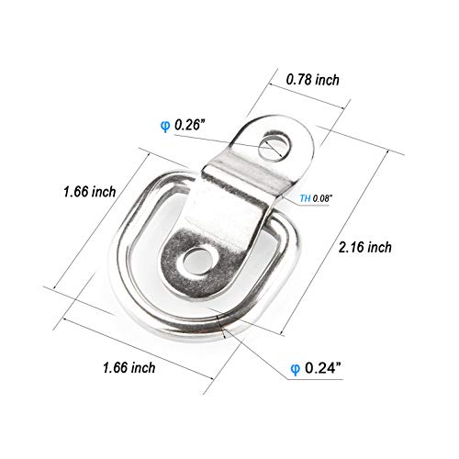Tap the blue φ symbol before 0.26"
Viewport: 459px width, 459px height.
(x=165, y=127)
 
